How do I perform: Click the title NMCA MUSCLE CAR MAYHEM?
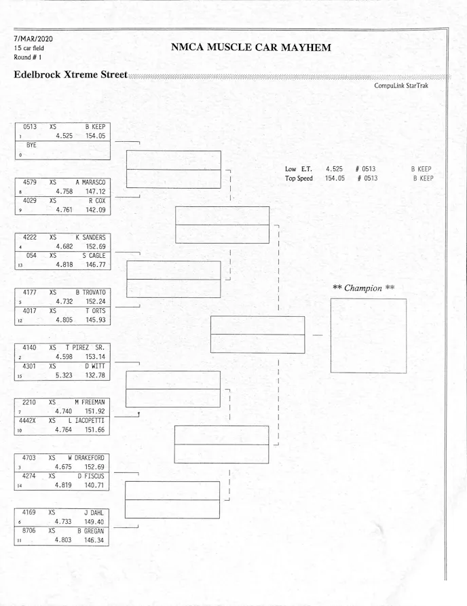coord(251,48)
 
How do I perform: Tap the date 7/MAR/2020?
coord(33,39)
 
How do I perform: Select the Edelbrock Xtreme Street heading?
coord(71,74)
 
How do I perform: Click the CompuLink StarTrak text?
coord(400,86)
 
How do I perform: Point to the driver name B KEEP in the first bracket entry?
coord(95,127)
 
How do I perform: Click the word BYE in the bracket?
coord(31,145)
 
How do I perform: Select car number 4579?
coord(30,183)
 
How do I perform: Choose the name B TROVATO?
coord(91,292)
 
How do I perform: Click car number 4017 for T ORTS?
coord(30,311)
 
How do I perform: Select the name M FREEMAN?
coord(90,402)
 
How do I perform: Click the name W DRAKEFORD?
coord(87,457)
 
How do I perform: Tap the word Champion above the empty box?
coord(363,288)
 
